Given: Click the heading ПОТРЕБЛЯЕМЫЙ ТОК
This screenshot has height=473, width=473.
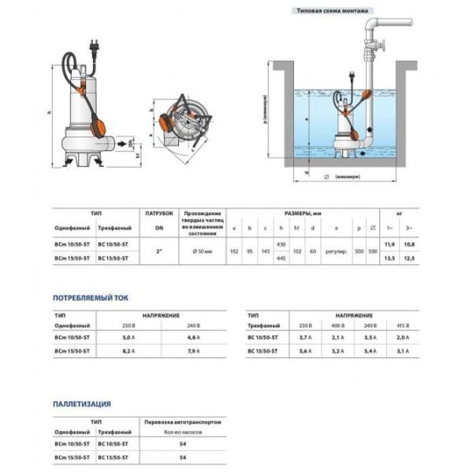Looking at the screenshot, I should pyautogui.click(x=88, y=299).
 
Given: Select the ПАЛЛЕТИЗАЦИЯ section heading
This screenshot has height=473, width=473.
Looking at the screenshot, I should pyautogui.click(x=82, y=404).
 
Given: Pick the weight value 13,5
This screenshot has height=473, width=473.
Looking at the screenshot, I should pyautogui.click(x=387, y=258).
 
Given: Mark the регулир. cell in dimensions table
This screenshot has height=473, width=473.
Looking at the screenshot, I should pyautogui.click(x=336, y=251).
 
